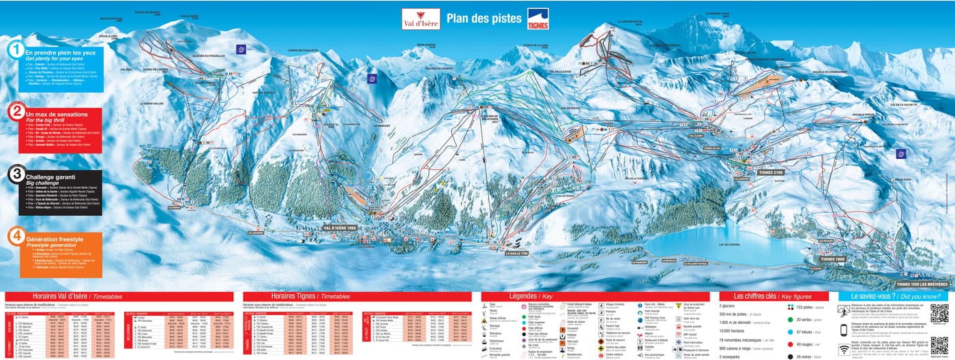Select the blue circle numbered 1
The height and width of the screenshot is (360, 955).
click(15, 50)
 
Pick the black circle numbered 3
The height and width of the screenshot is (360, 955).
click(15, 174)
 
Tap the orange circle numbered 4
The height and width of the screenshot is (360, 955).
click(15, 237)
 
